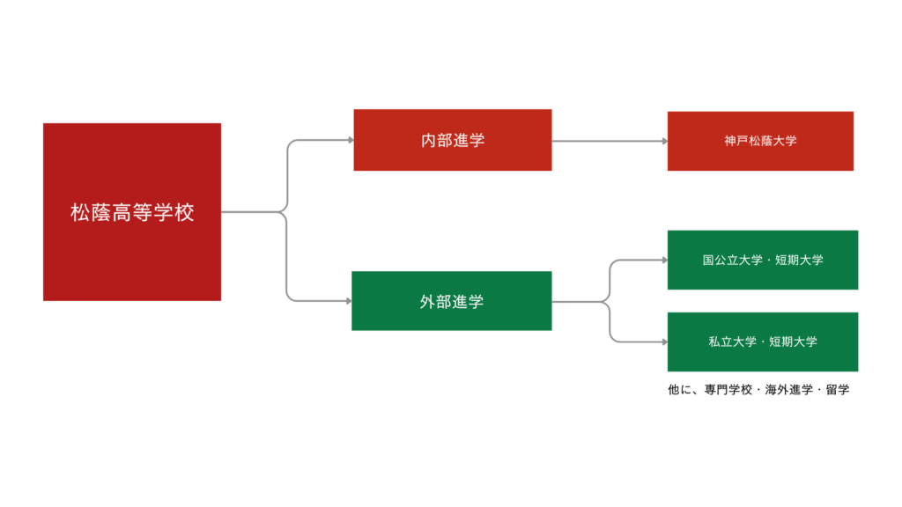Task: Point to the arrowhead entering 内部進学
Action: [349, 140]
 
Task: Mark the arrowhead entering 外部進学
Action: [347, 301]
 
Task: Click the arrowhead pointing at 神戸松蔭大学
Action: [663, 141]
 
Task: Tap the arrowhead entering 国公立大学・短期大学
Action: [663, 261]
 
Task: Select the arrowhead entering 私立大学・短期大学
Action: [663, 341]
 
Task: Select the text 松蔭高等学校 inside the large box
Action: [132, 213]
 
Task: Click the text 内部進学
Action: [452, 140]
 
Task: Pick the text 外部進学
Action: [451, 302]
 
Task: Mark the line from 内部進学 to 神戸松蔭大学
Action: [608, 141]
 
